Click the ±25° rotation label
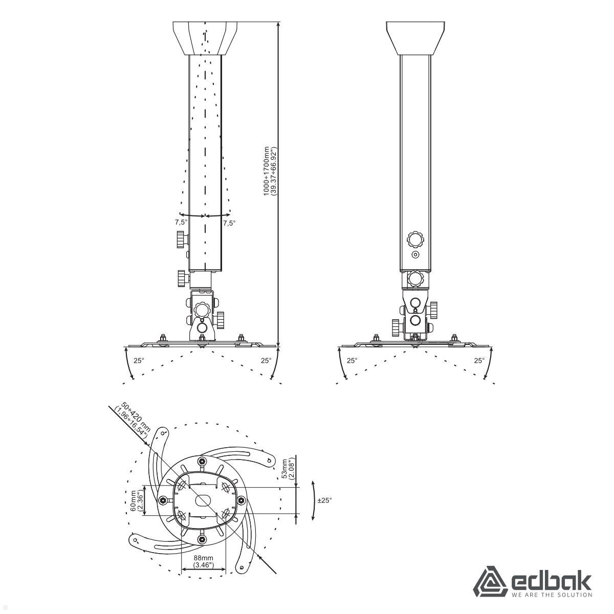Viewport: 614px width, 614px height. point(324,500)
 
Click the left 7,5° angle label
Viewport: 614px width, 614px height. point(181,223)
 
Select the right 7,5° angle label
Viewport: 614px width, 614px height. point(229,223)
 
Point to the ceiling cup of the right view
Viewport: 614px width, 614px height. point(415,38)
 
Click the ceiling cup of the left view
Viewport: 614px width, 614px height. point(206,38)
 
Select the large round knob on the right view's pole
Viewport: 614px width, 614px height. point(415,238)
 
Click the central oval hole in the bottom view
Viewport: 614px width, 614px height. point(203,500)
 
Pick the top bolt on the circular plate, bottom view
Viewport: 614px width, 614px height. point(203,462)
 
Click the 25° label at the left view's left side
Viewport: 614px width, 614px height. point(139,360)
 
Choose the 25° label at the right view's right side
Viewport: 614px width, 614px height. point(478,360)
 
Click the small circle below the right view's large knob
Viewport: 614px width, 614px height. point(415,254)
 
